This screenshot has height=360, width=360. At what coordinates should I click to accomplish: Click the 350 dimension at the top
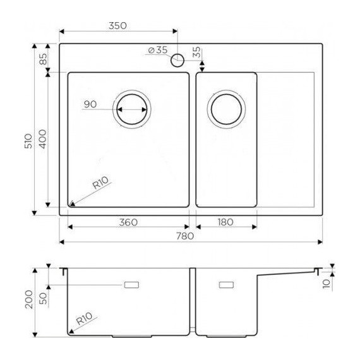pos(117,26)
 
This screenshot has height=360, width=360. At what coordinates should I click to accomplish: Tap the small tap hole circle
pos(177,61)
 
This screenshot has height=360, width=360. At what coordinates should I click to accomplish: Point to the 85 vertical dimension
pos(43,61)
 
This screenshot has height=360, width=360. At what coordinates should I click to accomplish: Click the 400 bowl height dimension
pos(43,140)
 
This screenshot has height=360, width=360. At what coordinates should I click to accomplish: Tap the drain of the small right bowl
pos(226,109)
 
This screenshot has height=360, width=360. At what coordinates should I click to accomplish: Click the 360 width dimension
pos(128,222)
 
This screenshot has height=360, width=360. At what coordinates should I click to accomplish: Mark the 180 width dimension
pos(226,222)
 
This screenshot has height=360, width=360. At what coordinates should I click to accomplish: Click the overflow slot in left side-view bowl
pos(133,285)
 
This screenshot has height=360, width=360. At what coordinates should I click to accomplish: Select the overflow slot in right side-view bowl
pos(226,285)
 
